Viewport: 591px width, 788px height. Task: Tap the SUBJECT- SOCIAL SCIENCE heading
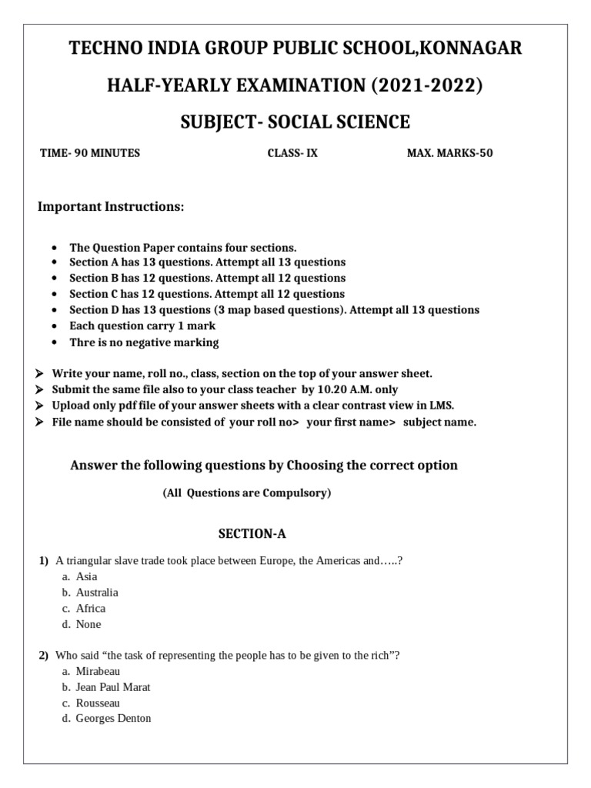point(295,122)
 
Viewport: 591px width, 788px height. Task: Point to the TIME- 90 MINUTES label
point(90,153)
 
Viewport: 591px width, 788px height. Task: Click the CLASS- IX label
point(292,153)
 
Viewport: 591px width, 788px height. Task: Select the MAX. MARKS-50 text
point(449,153)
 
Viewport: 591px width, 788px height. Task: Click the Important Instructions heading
point(112,208)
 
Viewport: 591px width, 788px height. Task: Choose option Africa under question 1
point(91,609)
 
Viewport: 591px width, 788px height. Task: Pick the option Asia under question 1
point(86,576)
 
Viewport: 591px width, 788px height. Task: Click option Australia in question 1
point(97,593)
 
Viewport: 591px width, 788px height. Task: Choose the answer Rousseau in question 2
point(98,703)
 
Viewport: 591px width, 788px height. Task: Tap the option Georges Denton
point(113,719)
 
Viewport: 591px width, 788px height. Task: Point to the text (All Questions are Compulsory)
point(246,493)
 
